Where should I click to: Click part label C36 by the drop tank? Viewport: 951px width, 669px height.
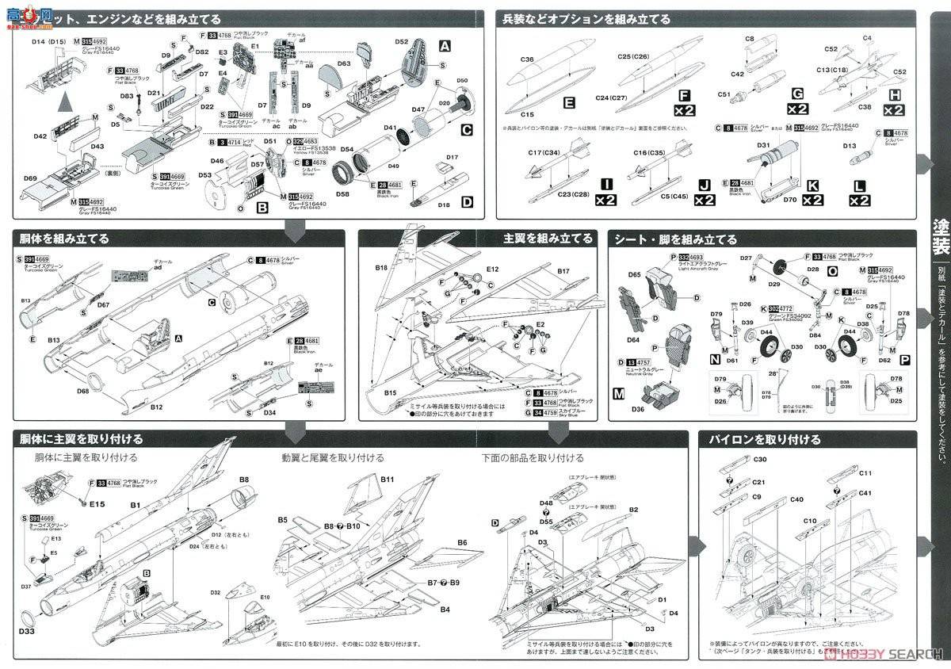527,59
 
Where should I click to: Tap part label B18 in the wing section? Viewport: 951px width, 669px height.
382,269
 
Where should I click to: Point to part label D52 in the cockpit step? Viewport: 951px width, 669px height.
400,41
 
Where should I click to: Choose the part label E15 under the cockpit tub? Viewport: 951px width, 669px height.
97,503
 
